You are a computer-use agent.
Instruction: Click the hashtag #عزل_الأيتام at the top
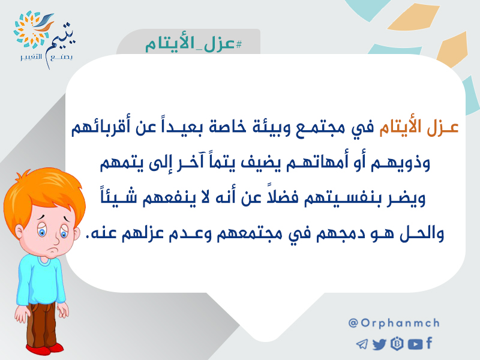(x=193, y=44)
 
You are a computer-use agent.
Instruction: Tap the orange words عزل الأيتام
(x=419, y=128)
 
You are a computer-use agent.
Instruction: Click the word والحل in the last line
(x=422, y=233)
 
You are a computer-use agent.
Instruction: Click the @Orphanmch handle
(x=394, y=323)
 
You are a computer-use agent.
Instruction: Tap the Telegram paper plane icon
(x=362, y=344)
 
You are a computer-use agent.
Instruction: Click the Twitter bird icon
(x=380, y=344)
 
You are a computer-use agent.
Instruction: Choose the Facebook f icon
(x=429, y=343)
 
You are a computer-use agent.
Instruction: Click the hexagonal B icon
(x=397, y=344)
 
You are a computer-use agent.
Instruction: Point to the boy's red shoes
(x=44, y=349)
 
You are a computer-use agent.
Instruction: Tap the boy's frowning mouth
(x=53, y=250)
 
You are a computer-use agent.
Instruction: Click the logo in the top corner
(x=44, y=39)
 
